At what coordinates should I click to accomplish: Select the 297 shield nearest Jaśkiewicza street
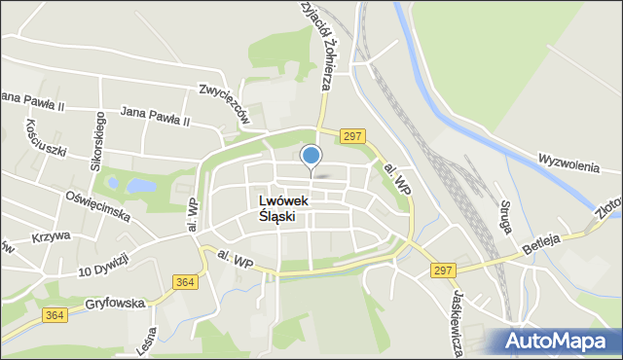445,269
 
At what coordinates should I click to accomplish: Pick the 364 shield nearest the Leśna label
184,282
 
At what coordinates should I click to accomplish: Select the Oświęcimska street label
97,202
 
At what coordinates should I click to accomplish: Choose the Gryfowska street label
114,304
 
